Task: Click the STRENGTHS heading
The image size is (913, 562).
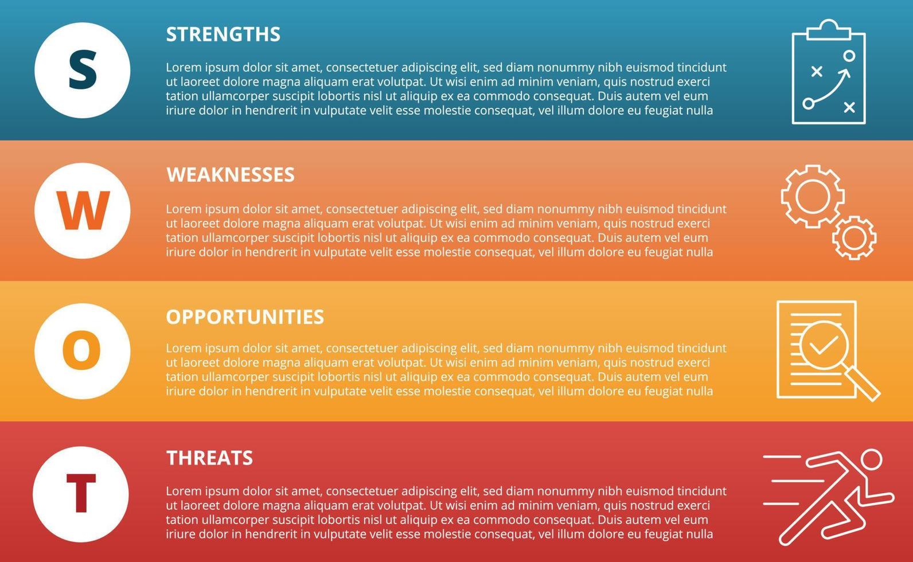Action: click(223, 34)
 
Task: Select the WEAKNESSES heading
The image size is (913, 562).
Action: click(231, 175)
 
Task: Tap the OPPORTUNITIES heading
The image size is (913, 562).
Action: click(245, 317)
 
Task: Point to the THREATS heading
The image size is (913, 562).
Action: click(209, 458)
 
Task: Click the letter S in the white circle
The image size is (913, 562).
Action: click(83, 71)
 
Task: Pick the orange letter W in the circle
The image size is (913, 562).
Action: click(83, 210)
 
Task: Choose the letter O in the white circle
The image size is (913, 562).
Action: click(81, 350)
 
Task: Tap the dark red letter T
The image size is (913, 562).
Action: click(81, 494)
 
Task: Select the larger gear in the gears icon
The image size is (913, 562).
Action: click(813, 196)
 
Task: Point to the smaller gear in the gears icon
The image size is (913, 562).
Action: click(854, 237)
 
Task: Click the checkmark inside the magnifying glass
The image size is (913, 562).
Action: click(823, 345)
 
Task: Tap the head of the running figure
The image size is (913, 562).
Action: click(871, 459)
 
